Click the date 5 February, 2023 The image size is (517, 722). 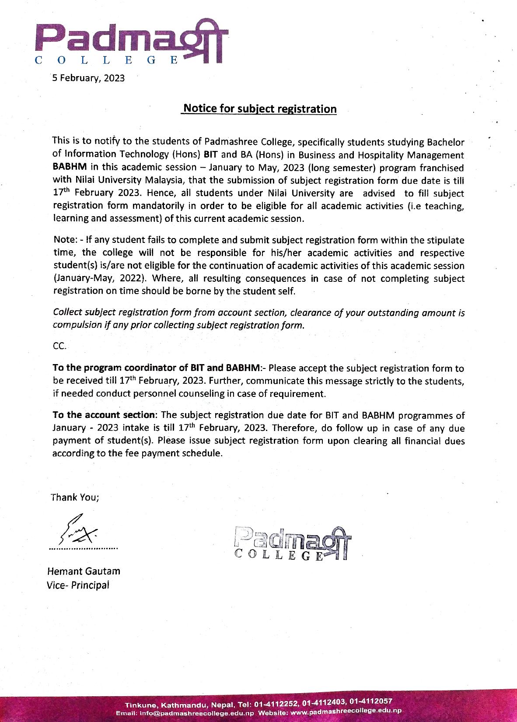pyautogui.click(x=88, y=78)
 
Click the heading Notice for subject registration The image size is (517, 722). pyautogui.click(x=260, y=109)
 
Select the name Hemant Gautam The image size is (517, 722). pyautogui.click(x=83, y=571)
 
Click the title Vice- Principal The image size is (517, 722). pyautogui.click(x=78, y=585)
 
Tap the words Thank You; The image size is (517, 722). pyautogui.click(x=75, y=498)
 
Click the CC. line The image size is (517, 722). pyautogui.click(x=59, y=346)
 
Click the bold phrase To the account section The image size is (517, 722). pyautogui.click(x=103, y=415)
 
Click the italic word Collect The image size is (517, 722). pyautogui.click(x=67, y=312)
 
